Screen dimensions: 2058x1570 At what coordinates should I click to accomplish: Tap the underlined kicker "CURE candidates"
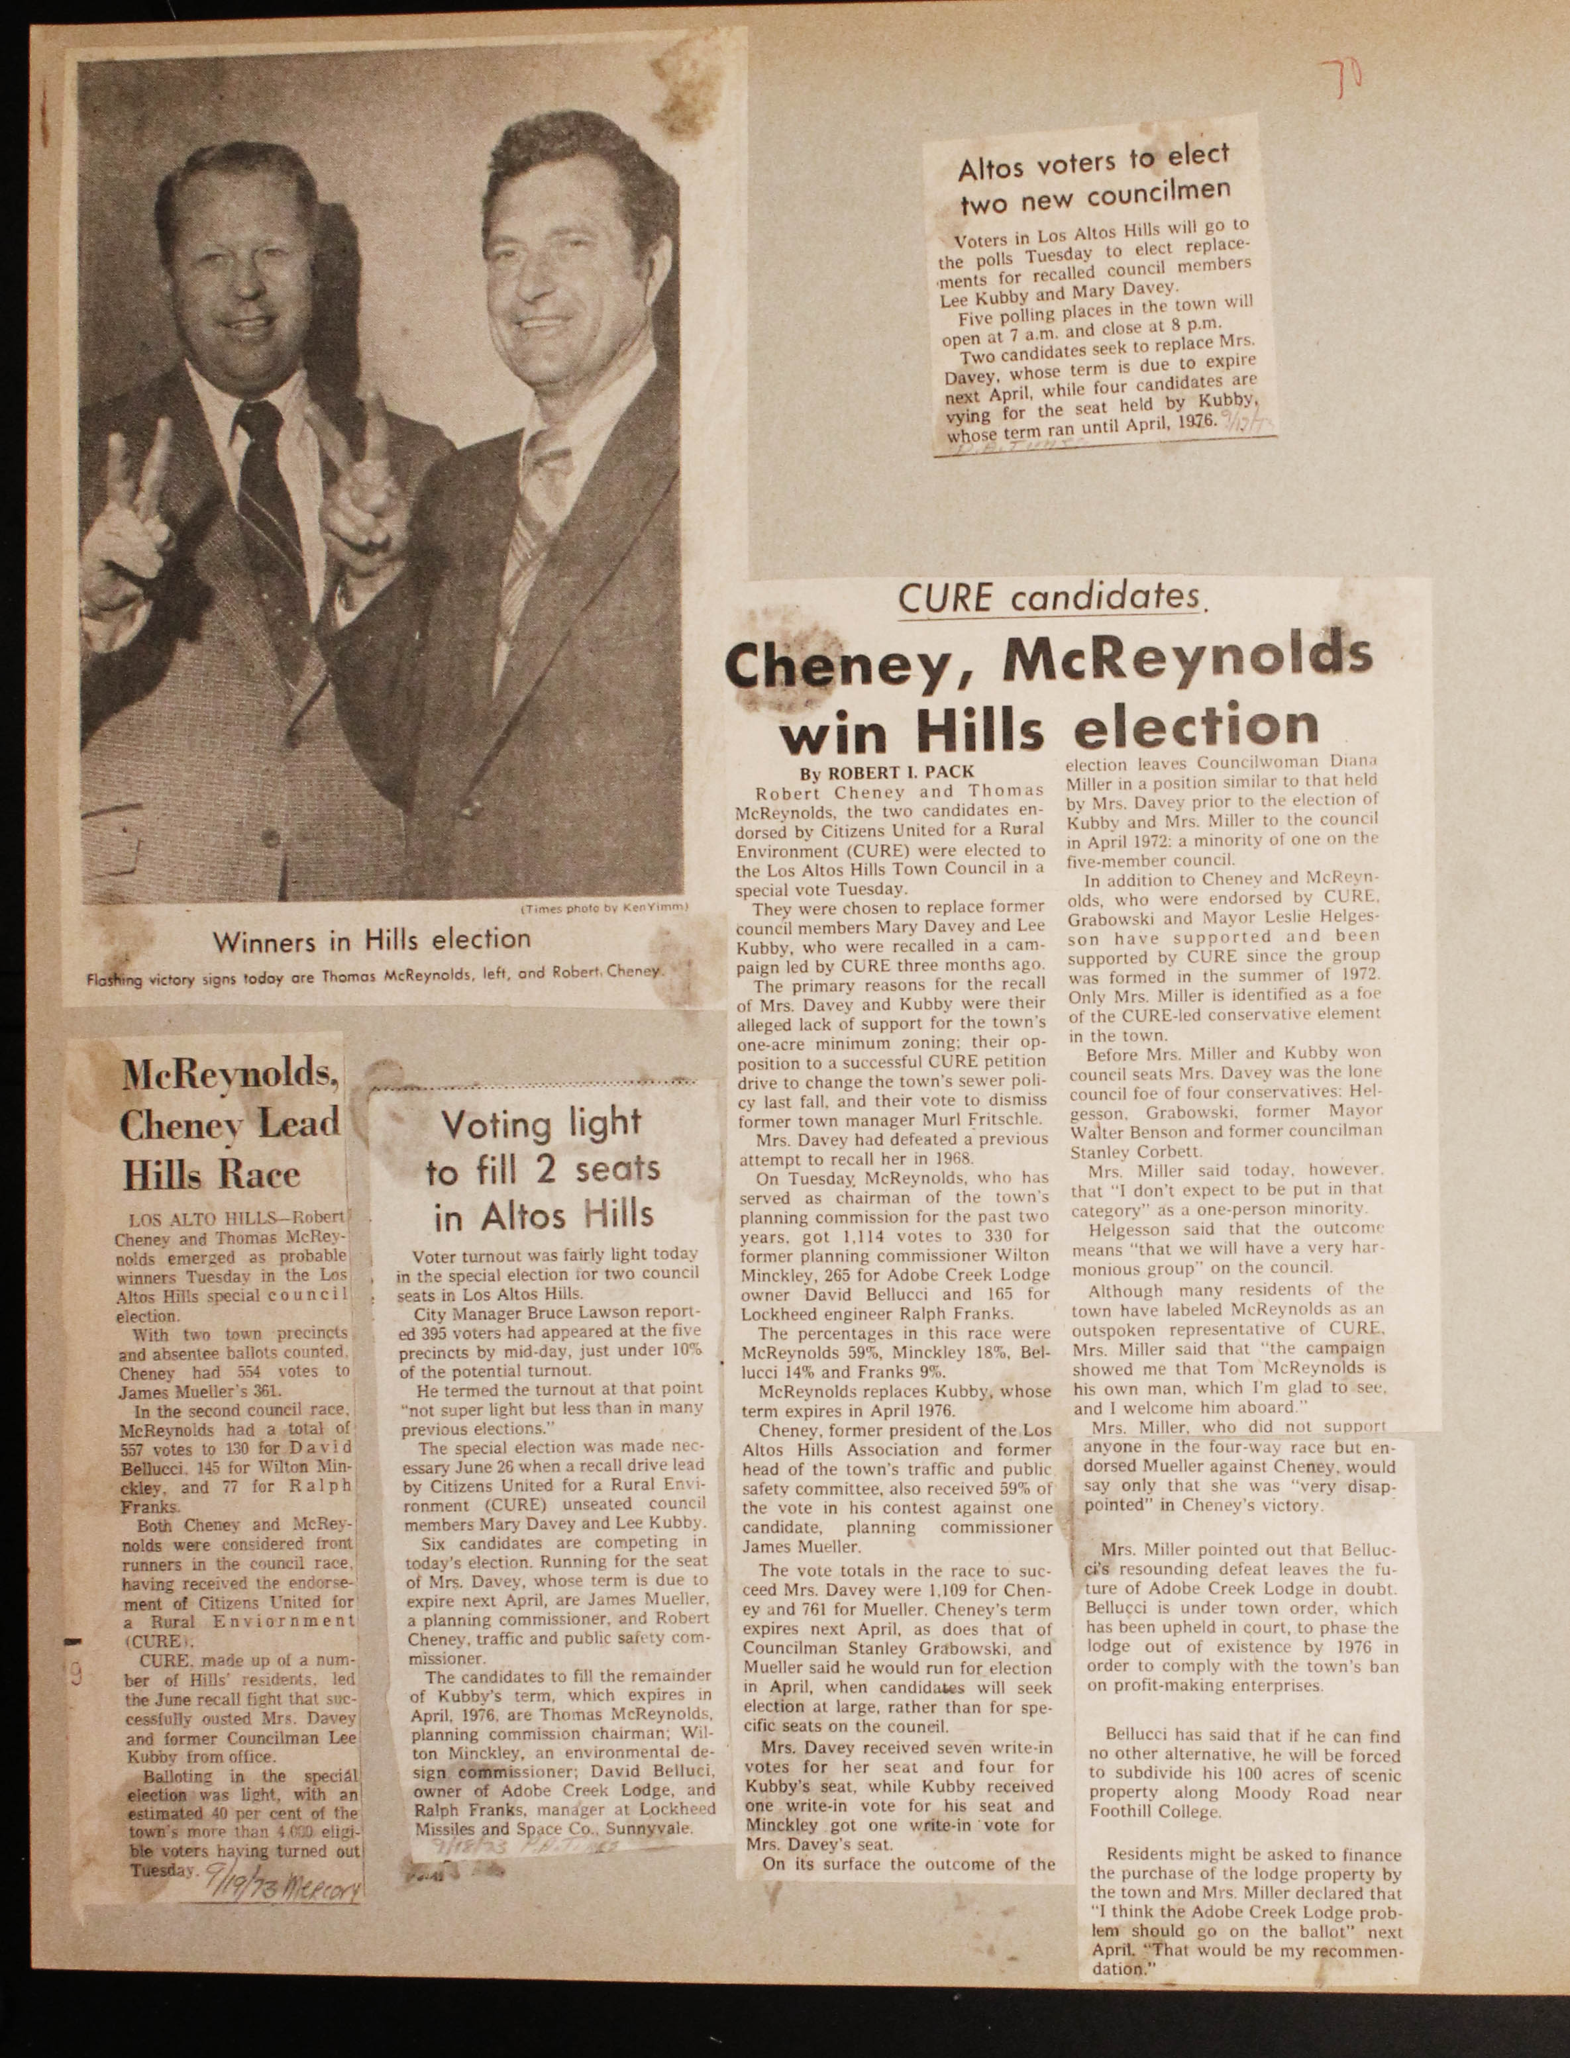click(x=1049, y=598)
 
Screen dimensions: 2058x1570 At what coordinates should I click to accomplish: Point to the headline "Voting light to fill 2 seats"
click(x=541, y=1169)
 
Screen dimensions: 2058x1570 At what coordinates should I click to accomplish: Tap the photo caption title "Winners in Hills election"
click(x=372, y=940)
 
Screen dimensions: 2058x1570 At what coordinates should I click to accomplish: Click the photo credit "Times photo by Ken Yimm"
click(x=603, y=907)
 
